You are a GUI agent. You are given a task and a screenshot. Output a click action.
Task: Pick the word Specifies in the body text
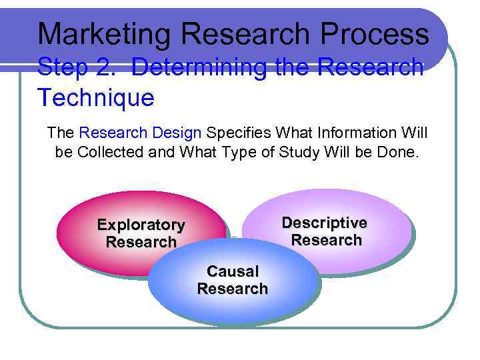tap(239, 133)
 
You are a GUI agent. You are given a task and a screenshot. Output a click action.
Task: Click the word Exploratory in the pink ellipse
tap(141, 225)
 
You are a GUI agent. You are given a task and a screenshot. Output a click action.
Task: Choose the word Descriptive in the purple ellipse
tap(325, 223)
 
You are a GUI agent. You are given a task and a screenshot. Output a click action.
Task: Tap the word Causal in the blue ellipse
tap(232, 271)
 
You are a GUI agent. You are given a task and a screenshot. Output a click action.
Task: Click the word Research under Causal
tap(232, 289)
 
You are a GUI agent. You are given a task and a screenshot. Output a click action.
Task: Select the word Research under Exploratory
tap(141, 242)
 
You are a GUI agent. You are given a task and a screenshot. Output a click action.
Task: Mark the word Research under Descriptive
tap(326, 240)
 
